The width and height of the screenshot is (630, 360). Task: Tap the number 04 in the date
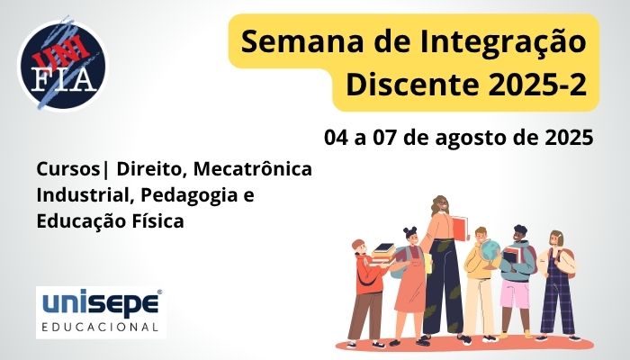coord(337,139)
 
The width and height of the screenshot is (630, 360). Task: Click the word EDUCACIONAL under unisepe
coord(100,324)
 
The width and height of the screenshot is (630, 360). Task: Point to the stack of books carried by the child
coord(382,253)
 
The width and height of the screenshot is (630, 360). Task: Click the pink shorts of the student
coord(517,292)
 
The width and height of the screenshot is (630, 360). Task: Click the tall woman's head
coord(442,205)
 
